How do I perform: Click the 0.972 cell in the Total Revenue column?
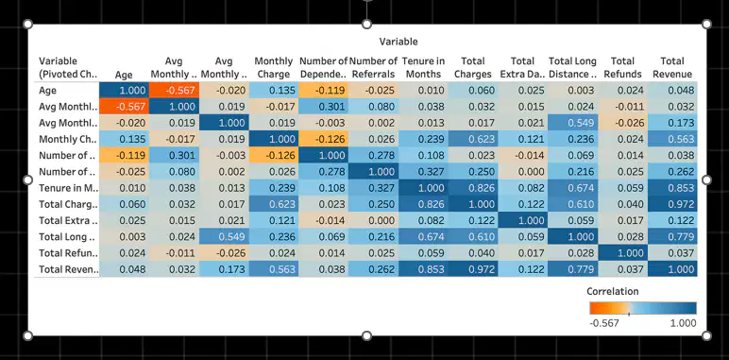[x=672, y=204]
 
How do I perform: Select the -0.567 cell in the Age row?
[x=174, y=90]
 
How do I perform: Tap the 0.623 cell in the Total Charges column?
[x=473, y=139]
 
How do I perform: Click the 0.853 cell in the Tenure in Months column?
[x=424, y=269]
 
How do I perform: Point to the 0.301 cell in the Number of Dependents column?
[x=324, y=107]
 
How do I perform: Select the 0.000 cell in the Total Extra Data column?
[x=523, y=172]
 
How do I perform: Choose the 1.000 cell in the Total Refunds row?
[x=622, y=253]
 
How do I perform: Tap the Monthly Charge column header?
[x=274, y=67]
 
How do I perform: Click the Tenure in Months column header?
[x=422, y=67]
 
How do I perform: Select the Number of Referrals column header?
[x=373, y=67]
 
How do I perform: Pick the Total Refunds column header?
[x=622, y=67]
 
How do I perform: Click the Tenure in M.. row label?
[x=68, y=188]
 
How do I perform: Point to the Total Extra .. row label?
[x=68, y=220]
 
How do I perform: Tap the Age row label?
[x=48, y=90]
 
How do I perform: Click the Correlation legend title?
[x=612, y=291]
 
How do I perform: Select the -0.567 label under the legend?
[x=604, y=323]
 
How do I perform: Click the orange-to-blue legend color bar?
[x=643, y=308]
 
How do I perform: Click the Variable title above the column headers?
[x=398, y=42]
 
